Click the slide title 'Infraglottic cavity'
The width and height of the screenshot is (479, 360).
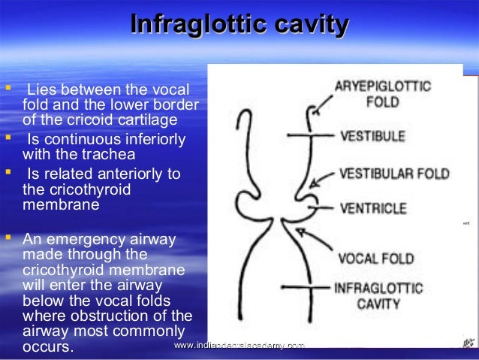239,26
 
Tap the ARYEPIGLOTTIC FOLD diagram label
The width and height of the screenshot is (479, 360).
382,93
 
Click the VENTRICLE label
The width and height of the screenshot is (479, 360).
373,208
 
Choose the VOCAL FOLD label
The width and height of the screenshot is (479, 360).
375,259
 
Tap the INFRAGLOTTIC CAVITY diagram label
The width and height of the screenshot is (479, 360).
378,295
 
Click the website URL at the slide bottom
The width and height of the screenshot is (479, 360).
238,345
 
